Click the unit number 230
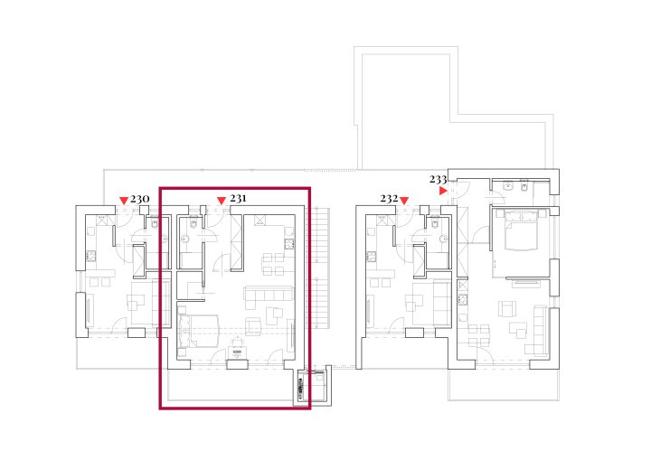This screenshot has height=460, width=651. tap(139, 200)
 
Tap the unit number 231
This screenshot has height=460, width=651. tap(238, 199)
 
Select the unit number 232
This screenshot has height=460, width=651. tap(389, 199)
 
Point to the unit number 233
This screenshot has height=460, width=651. tap(438, 179)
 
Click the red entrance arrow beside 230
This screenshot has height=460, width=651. tap(124, 201)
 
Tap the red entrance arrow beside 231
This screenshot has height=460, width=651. tap(222, 201)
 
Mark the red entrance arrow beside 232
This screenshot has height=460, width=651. tap(404, 201)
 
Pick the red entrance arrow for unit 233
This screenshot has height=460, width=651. tap(443, 191)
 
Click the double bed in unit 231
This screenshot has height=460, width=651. tap(198, 332)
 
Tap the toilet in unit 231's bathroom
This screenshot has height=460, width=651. tap(193, 224)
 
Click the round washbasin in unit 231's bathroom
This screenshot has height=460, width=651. tap(184, 239)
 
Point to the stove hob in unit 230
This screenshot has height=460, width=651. tap(91, 256)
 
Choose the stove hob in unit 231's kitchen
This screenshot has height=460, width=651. tap(289, 245)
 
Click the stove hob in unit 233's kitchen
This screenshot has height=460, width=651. tap(463, 299)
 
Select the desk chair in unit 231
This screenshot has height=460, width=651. tap(237, 342)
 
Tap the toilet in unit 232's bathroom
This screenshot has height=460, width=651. tap(435, 224)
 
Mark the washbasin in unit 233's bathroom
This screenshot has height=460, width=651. tap(507, 186)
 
